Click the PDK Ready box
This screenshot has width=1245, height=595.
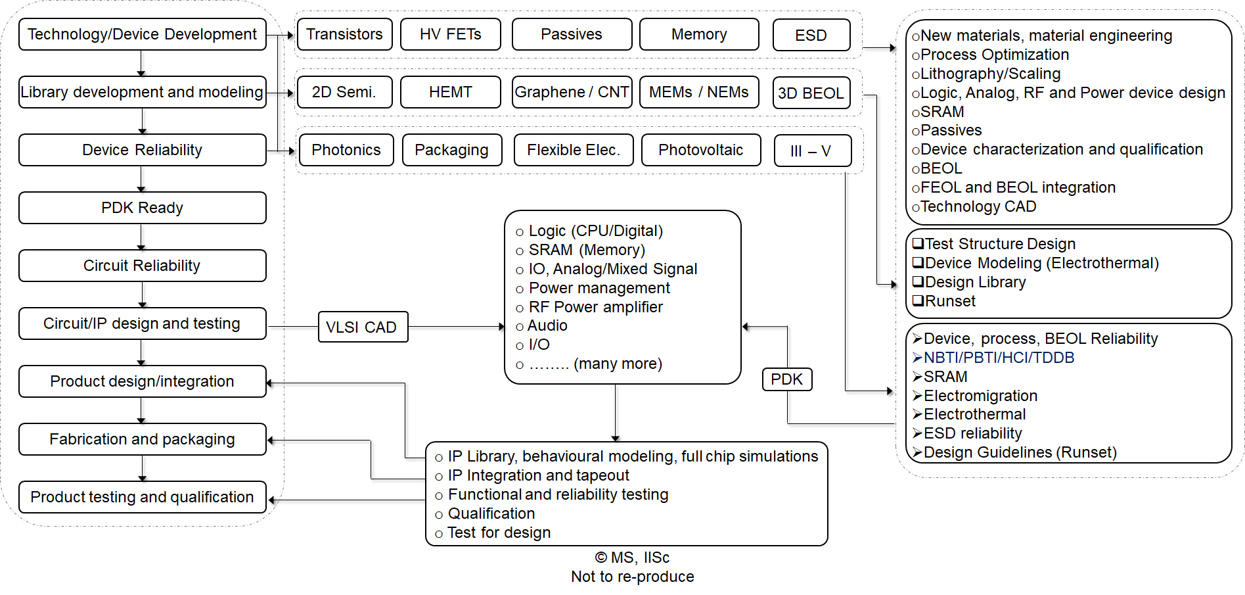click(142, 208)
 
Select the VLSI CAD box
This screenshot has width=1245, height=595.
click(362, 327)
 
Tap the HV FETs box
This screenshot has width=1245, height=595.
click(450, 34)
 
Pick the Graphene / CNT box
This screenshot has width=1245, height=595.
click(572, 92)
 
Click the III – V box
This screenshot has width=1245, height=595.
click(811, 151)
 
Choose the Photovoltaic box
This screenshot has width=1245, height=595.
click(700, 150)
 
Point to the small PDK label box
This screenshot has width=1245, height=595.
click(786, 379)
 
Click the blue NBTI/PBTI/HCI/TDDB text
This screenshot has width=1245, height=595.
click(998, 358)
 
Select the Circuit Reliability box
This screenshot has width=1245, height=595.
click(142, 266)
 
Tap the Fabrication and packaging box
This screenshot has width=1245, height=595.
click(142, 439)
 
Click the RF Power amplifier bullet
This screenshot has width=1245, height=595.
click(595, 307)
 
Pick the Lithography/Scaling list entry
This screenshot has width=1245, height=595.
click(989, 74)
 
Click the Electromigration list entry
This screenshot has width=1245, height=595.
click(980, 396)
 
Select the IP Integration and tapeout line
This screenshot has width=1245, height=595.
click(538, 475)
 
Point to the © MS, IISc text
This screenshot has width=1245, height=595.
click(632, 558)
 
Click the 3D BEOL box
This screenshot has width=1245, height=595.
click(811, 93)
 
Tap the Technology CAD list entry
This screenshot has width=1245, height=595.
click(978, 206)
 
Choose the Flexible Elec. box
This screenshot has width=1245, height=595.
click(573, 150)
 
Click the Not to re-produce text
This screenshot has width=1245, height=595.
click(632, 577)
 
